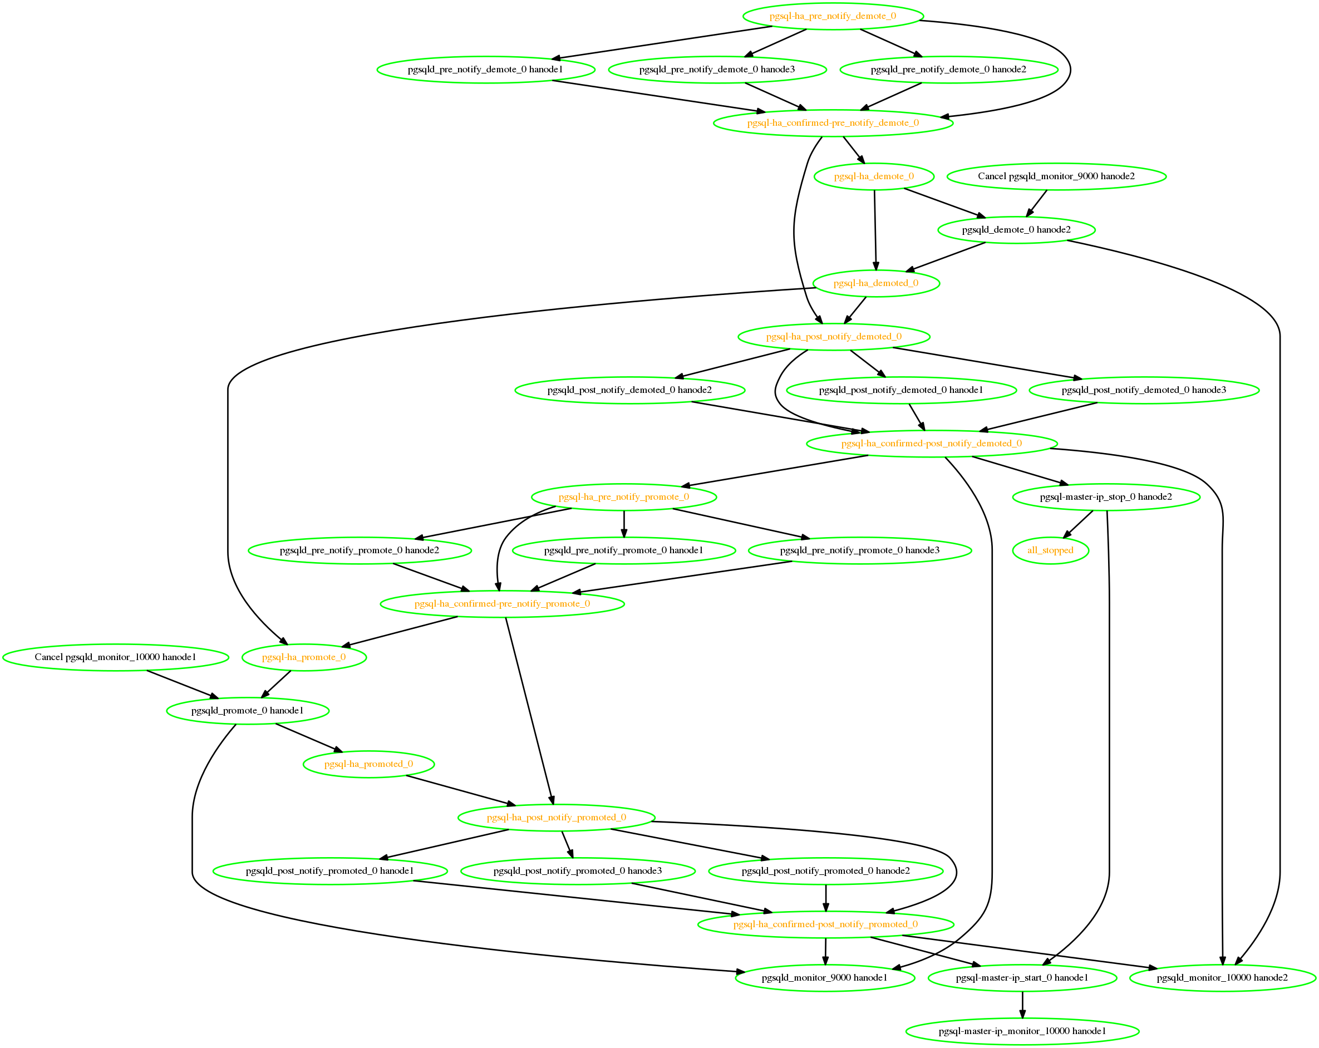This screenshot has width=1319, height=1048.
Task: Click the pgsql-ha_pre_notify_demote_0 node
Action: click(x=833, y=17)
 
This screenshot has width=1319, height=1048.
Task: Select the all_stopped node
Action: click(x=1050, y=550)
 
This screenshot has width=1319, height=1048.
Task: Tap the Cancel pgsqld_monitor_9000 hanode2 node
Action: click(x=1056, y=177)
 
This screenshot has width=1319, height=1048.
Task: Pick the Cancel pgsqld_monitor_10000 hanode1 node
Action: click(x=116, y=658)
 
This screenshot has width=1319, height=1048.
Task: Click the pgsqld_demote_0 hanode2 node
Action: click(x=1016, y=230)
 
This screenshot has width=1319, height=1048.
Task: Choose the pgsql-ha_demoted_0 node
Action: click(x=876, y=283)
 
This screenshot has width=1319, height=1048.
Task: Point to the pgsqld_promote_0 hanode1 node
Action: click(x=248, y=711)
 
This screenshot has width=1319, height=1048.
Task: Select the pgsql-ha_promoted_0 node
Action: click(x=369, y=764)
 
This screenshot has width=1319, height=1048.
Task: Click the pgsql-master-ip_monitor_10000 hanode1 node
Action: click(x=1022, y=1031)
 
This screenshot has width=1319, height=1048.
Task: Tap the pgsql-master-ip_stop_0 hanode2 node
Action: click(x=1106, y=498)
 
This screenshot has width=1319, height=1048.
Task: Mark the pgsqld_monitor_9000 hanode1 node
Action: click(x=825, y=978)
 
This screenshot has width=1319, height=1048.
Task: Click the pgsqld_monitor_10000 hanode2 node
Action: click(x=1222, y=978)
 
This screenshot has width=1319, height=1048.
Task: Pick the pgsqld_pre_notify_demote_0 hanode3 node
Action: click(x=717, y=70)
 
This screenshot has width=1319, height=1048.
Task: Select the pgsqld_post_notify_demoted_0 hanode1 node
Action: click(x=901, y=390)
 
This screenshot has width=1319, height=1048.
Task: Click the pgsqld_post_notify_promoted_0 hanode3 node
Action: click(x=578, y=871)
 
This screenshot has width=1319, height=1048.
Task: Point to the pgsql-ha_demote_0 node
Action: click(x=874, y=177)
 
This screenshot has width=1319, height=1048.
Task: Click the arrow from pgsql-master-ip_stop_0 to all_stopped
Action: click(x=1078, y=524)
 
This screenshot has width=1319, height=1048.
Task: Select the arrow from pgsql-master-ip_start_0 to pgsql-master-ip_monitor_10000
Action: click(x=1022, y=1005)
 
